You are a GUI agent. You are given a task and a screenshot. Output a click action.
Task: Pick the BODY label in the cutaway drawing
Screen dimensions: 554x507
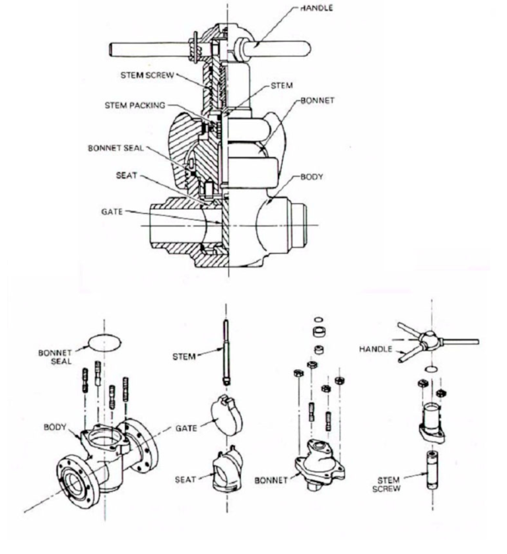pos(313,178)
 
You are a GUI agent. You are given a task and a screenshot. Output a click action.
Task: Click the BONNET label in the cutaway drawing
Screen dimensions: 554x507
pos(318,101)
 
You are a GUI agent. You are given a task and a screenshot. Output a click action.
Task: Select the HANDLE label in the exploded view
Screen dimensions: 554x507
pos(374,348)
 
